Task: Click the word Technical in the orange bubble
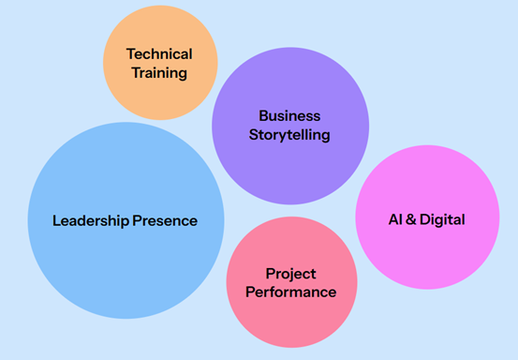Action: coord(159,54)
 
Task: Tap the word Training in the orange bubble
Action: coord(159,72)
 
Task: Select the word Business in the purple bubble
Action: coord(289,116)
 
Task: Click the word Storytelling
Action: coord(289,134)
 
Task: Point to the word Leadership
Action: coord(89,221)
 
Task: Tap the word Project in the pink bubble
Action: coord(290,274)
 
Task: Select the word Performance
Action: coord(290,292)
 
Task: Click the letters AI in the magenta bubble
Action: coord(395,220)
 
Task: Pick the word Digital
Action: coord(443,220)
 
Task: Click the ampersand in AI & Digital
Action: coord(412,220)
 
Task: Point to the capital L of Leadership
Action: coord(56,221)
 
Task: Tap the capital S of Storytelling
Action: coord(253,134)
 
